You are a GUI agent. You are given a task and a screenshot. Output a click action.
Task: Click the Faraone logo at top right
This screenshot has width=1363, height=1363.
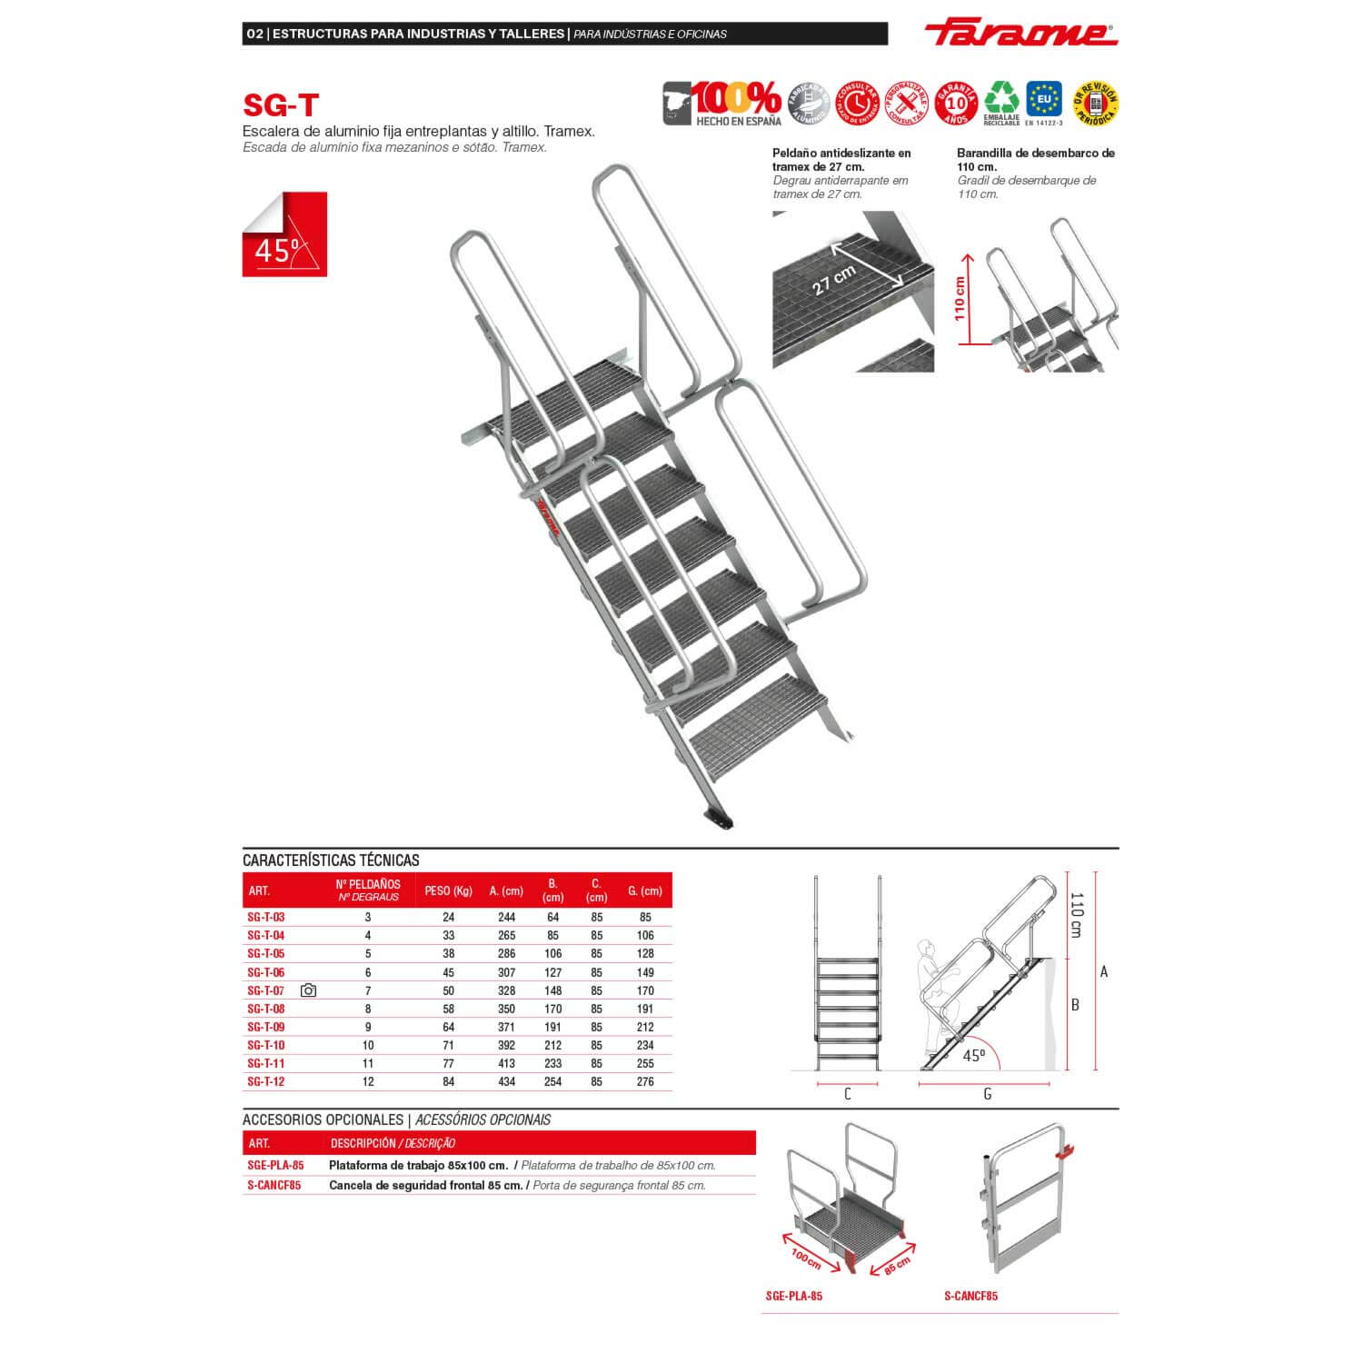point(1020,34)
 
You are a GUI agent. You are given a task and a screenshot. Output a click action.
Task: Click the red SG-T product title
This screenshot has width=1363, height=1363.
point(281,105)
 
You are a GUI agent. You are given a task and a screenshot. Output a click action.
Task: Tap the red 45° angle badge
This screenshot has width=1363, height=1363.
point(284,234)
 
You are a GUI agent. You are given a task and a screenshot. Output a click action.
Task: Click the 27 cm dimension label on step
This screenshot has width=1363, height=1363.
point(834,279)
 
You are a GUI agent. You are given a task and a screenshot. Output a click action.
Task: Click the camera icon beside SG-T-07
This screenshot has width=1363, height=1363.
point(308,990)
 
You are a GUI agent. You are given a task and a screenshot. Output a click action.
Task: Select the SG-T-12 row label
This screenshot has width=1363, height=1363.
point(266,1081)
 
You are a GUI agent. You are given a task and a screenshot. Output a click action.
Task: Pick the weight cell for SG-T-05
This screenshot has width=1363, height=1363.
point(448,953)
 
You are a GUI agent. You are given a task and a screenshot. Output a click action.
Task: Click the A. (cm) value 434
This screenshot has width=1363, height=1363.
point(506,1081)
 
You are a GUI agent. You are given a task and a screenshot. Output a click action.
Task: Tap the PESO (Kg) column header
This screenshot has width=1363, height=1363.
point(448,890)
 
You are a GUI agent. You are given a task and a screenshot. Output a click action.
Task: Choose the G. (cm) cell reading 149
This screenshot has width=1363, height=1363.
point(645,972)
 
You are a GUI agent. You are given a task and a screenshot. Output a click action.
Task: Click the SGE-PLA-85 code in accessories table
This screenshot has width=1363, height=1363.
point(275,1165)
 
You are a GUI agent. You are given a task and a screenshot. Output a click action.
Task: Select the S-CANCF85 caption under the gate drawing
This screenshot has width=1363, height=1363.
point(970,1296)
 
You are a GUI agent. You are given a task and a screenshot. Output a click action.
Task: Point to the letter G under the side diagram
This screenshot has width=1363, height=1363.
point(988,1094)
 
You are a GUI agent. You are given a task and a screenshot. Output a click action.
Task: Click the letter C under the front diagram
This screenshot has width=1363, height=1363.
point(848,1094)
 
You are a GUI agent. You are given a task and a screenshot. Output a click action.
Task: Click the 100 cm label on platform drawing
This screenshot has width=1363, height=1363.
point(806,1259)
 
